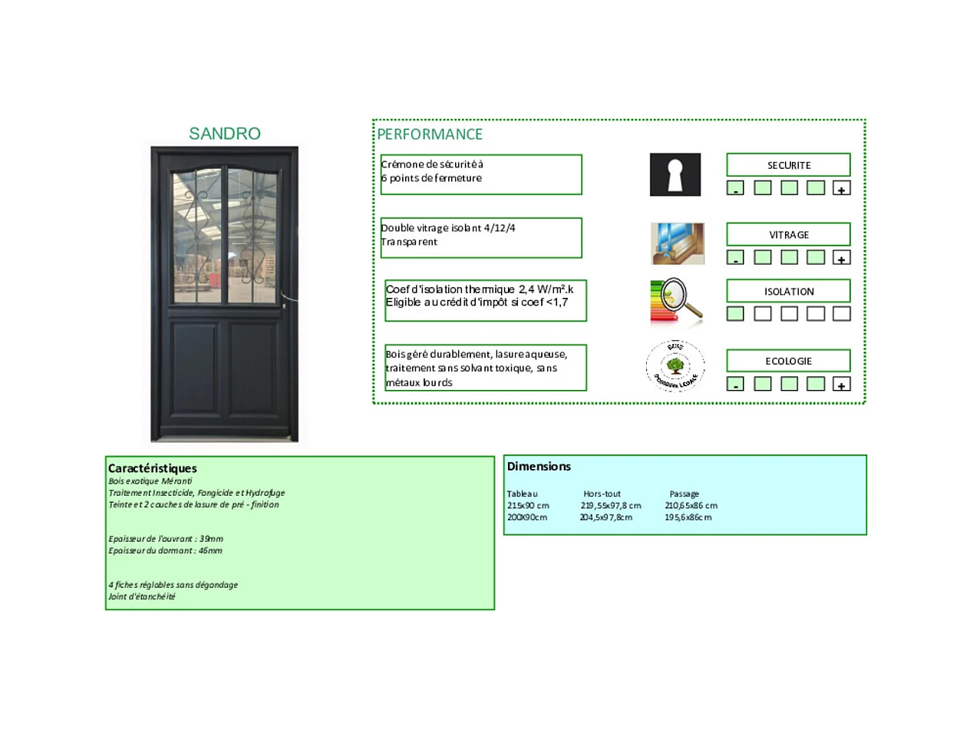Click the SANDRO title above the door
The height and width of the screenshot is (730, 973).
(224, 134)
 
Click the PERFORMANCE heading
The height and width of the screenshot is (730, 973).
(430, 134)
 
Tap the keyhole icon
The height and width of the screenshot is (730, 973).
(675, 174)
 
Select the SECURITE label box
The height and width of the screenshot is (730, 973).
(788, 165)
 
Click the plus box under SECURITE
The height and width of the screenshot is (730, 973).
(841, 188)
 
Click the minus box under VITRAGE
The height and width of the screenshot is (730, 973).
(735, 257)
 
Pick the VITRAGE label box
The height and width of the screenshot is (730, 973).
(788, 234)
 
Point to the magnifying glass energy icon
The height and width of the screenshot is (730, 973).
(676, 301)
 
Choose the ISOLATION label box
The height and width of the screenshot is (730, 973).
(788, 291)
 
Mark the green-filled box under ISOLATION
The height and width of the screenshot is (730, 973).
(735, 313)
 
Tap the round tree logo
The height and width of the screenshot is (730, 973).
(675, 366)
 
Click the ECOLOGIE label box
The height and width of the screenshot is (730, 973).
(788, 361)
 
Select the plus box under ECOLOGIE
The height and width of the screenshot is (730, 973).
(841, 384)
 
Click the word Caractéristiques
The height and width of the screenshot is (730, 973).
(153, 468)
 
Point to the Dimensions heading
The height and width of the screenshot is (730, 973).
(539, 466)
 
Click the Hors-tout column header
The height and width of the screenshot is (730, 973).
(602, 494)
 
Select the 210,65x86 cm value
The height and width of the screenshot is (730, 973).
(691, 505)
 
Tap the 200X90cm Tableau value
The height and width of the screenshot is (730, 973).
(527, 517)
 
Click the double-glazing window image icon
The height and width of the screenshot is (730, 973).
(677, 243)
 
